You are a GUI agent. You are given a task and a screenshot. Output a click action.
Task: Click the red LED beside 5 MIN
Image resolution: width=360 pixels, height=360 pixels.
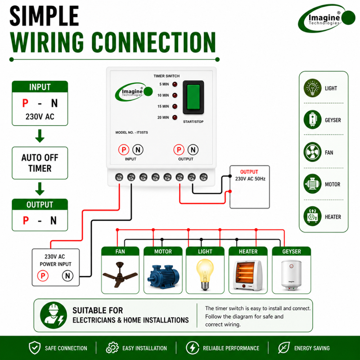click(175, 84)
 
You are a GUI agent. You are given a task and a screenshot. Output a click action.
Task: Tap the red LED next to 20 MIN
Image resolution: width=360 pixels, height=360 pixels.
click(175, 118)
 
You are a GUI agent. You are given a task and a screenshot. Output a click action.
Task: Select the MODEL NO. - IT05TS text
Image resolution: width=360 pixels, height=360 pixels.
click(131, 132)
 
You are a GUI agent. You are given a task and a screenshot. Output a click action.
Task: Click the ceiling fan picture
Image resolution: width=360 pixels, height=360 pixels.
click(120, 274)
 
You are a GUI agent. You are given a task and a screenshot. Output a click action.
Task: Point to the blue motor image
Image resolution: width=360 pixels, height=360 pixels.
click(163, 276)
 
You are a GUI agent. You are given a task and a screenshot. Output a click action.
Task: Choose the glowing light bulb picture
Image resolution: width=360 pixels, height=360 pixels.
click(205, 274)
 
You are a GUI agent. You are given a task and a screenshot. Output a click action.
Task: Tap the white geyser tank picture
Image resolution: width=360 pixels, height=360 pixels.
click(291, 275)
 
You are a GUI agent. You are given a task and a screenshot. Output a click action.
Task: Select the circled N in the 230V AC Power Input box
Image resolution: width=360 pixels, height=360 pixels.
click(68, 276)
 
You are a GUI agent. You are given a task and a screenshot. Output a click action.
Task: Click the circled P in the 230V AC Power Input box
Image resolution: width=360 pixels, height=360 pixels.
click(43, 276)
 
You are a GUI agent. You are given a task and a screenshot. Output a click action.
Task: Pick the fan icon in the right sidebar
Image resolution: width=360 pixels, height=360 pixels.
click(312, 152)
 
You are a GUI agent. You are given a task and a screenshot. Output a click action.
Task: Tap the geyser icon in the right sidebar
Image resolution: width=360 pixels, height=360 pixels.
click(312, 120)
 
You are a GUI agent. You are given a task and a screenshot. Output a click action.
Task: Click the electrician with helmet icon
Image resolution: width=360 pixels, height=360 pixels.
click(54, 315)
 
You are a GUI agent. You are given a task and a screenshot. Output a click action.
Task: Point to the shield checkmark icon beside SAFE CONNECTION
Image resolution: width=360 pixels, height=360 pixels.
click(35, 348)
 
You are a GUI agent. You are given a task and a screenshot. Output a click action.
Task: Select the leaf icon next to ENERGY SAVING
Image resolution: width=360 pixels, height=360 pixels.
click(284, 348)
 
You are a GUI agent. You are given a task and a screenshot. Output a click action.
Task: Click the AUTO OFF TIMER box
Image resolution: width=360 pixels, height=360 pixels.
click(40, 163)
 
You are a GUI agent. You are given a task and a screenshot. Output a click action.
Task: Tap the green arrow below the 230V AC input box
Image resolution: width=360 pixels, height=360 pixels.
click(40, 136)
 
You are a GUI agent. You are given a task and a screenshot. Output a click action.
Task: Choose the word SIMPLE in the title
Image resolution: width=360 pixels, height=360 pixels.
click(44, 16)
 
